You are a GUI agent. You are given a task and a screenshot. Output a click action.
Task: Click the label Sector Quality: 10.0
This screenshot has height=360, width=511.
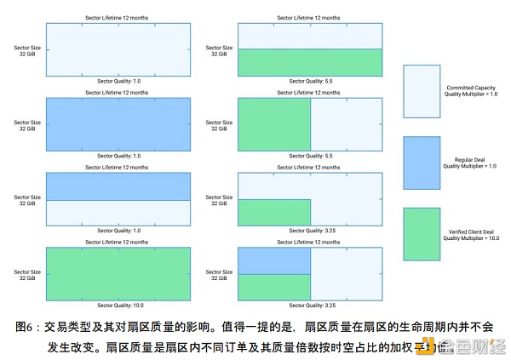click(118, 305)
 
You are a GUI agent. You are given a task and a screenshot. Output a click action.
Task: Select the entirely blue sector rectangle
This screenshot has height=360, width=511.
click(118, 124)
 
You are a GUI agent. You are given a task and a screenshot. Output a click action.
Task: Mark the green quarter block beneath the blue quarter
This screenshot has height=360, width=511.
click(273, 286)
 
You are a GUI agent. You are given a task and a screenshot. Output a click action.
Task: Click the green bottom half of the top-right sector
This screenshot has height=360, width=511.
click(309, 63)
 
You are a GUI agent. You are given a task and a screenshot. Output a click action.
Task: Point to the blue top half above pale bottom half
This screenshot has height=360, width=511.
click(118, 186)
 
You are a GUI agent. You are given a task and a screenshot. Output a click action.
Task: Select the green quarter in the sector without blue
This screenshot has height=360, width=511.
click(273, 212)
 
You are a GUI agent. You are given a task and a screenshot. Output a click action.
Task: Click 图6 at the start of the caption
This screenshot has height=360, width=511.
click(25, 327)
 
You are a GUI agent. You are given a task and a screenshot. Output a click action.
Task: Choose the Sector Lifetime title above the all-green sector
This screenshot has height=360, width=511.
click(118, 242)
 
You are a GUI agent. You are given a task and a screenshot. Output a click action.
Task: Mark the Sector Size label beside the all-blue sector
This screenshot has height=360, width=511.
click(26, 126)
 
